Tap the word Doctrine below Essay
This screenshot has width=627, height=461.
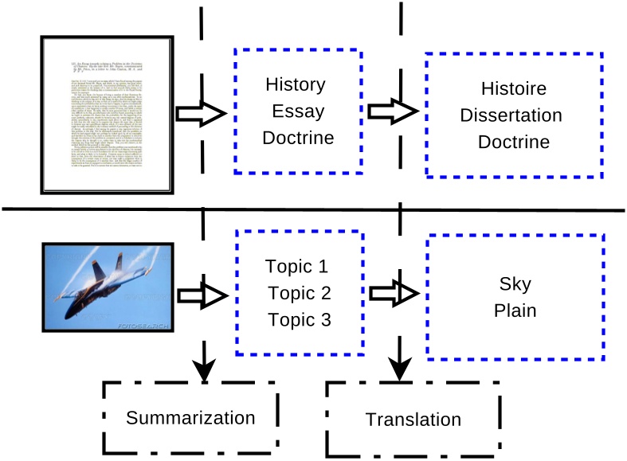tap(298, 138)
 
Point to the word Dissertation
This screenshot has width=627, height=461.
tap(522, 115)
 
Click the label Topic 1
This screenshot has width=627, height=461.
tap(298, 267)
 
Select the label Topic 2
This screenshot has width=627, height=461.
tap(298, 293)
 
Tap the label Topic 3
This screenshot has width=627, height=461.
tap(298, 320)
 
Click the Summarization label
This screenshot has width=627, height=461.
tap(191, 418)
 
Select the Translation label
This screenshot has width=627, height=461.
tap(413, 420)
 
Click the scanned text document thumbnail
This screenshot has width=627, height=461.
tap(106, 115)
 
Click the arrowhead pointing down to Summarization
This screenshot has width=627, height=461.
tap(205, 368)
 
